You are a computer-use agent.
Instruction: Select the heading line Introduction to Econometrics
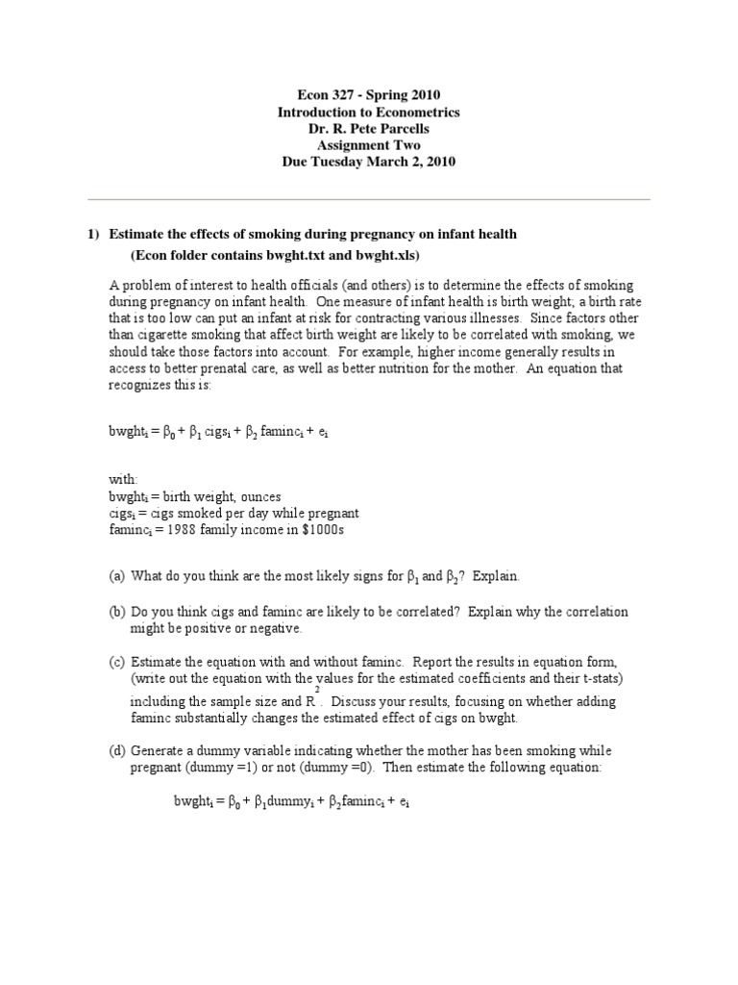(368, 114)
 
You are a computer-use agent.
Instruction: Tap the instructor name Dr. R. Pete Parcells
(368, 130)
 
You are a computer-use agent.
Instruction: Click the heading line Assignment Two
(368, 146)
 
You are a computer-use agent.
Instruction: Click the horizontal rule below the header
(369, 200)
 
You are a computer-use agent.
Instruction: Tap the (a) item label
(116, 576)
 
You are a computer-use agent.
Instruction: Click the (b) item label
(116, 611)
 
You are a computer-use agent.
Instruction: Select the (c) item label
(116, 663)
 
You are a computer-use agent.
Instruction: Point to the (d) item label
(116, 750)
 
